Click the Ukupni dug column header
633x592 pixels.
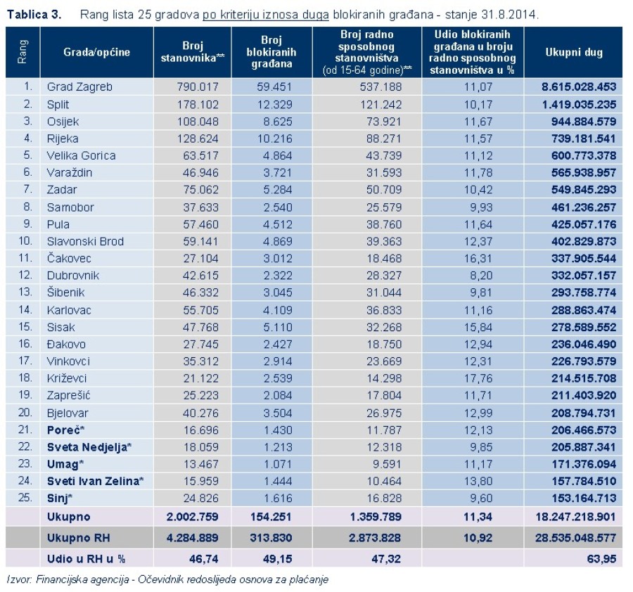[x=573, y=53]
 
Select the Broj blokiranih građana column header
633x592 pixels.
[x=271, y=53]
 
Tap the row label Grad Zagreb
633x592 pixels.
[x=79, y=87]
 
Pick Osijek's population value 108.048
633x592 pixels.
[x=198, y=122]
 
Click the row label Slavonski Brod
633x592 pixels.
[x=85, y=241]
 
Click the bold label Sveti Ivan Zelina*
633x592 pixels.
[x=96, y=481]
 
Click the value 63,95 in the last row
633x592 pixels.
[x=603, y=559]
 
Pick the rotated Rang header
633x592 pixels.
[x=23, y=53]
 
